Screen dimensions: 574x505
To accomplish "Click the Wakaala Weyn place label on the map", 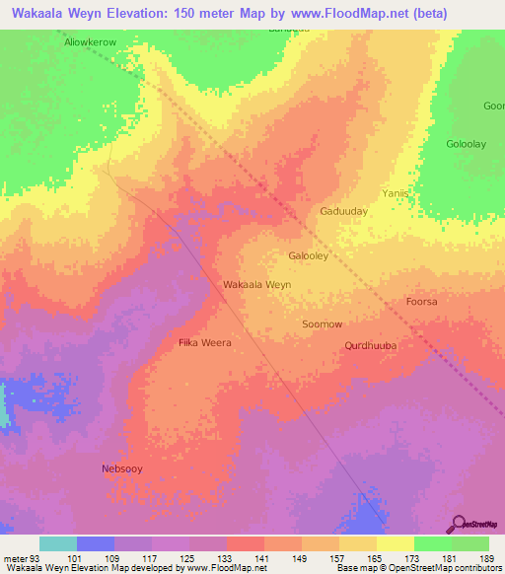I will tap(256, 284).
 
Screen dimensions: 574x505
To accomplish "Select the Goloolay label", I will tap(467, 144).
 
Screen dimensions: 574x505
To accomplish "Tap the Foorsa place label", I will tap(421, 302).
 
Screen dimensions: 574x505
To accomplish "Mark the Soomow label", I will tap(322, 323).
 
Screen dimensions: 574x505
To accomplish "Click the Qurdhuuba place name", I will tap(370, 345).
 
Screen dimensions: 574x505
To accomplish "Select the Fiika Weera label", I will tap(204, 342).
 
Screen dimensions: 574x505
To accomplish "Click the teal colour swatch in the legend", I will tap(58, 543).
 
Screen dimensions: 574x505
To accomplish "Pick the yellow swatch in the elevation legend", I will tap(396, 543).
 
